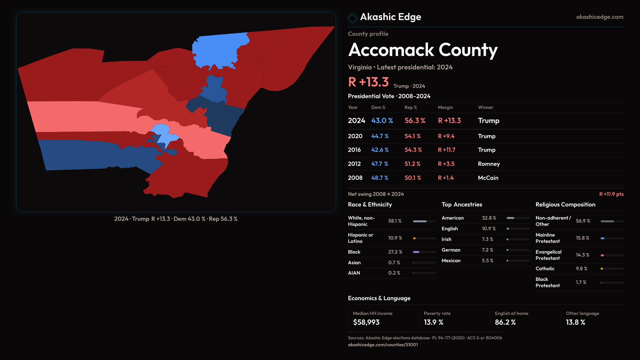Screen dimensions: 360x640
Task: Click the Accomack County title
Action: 423,50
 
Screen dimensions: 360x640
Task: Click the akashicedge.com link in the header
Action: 599,17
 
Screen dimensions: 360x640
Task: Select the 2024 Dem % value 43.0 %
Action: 382,121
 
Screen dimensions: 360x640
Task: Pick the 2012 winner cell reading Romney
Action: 489,164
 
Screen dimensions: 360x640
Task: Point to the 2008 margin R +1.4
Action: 446,178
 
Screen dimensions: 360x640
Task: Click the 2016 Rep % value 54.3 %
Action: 413,150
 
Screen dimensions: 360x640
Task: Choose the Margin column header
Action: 445,107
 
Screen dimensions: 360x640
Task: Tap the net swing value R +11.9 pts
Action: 611,194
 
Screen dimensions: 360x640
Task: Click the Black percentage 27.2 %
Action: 395,252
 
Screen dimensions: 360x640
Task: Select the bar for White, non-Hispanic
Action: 424,221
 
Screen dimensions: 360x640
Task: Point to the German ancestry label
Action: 451,250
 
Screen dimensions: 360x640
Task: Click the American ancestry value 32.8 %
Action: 489,218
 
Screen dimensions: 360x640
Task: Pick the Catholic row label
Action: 545,269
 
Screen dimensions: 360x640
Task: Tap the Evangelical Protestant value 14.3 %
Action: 582,255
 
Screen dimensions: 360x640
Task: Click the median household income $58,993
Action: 366,322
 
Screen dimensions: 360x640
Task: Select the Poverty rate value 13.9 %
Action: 433,322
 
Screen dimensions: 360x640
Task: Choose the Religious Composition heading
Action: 565,205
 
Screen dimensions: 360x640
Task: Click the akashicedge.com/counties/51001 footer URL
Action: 383,345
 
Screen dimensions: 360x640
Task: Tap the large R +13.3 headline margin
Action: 368,82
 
